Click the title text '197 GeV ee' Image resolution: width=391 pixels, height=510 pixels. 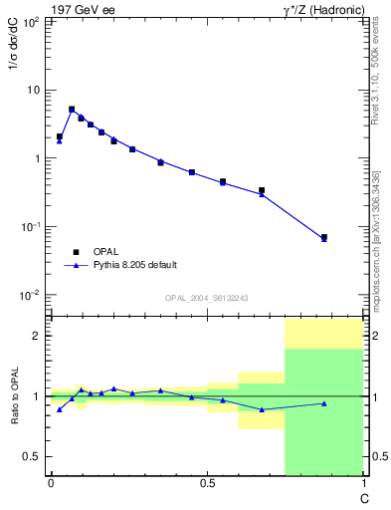(81, 9)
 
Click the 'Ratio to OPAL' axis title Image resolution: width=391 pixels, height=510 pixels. (14, 397)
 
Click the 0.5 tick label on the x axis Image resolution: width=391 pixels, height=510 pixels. (207, 484)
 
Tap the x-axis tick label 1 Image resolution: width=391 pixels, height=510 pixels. (364, 484)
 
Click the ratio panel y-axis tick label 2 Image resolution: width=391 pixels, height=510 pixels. (37, 336)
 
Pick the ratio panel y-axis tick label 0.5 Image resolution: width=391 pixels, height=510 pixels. (32, 456)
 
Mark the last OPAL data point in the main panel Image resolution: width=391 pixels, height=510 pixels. (324, 237)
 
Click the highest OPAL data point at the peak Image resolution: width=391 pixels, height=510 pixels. (72, 110)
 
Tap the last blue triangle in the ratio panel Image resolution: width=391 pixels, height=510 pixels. (324, 403)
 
